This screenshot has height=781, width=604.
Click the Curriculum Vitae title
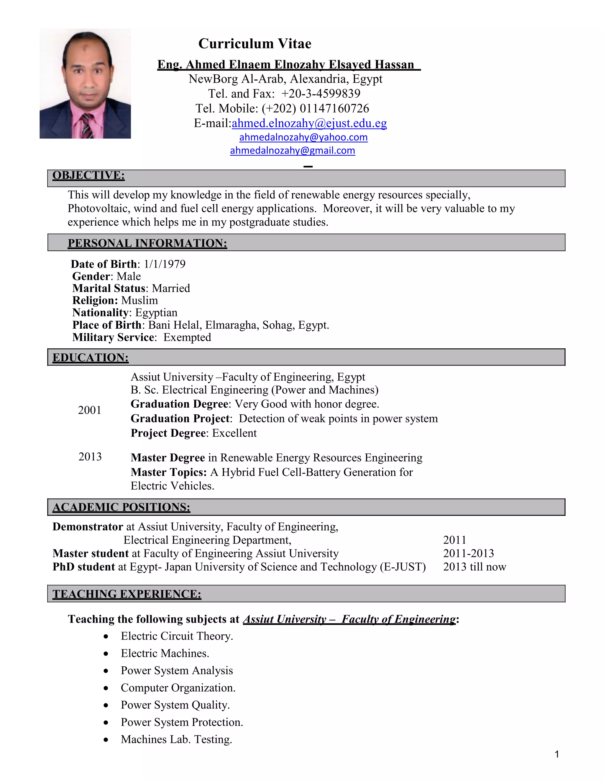click(x=255, y=44)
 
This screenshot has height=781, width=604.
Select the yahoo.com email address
click(x=303, y=137)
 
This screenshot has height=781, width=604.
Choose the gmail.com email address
click(x=292, y=151)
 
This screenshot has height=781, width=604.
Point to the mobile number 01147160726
click(x=334, y=108)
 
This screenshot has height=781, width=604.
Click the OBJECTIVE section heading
click(x=88, y=175)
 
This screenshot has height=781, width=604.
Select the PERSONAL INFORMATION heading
click(x=147, y=243)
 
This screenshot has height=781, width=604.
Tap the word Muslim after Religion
click(x=139, y=300)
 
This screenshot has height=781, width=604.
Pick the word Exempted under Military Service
click(x=187, y=337)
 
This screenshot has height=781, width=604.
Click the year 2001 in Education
click(x=89, y=410)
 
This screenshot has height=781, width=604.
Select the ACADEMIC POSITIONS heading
click(x=121, y=507)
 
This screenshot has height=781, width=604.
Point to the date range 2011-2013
click(x=468, y=553)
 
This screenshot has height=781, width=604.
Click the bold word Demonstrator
click(x=88, y=526)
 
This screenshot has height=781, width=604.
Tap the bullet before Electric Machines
click(x=106, y=654)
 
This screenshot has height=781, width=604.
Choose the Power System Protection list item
click(x=182, y=722)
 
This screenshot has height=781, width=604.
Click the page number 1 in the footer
click(x=557, y=754)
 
